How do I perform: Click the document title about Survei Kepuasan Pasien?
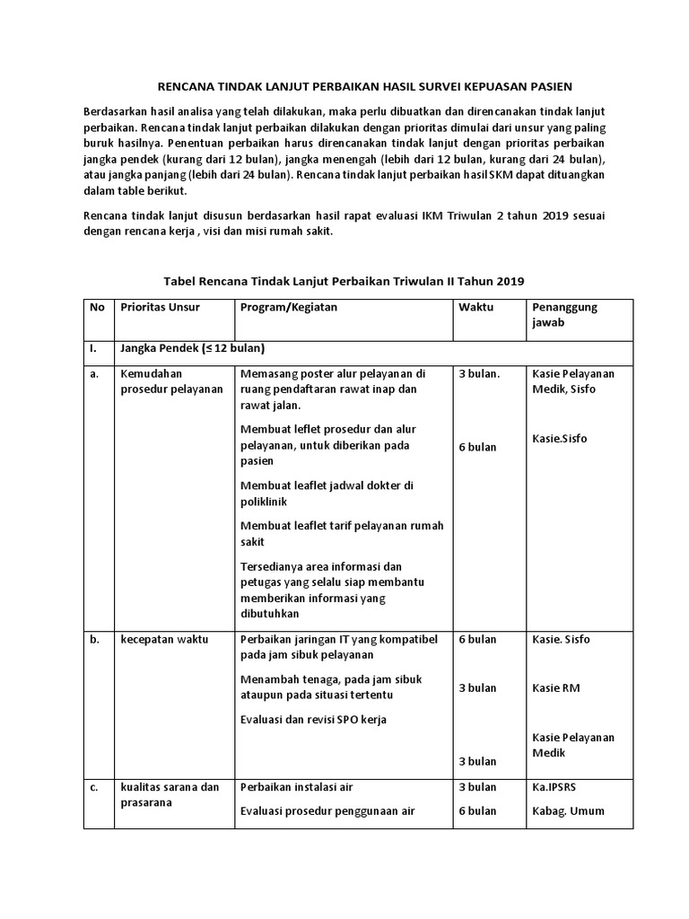point(364,86)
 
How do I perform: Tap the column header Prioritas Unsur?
point(161,307)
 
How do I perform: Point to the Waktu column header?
point(476,307)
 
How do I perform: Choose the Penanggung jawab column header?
point(564,314)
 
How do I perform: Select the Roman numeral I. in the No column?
point(92,348)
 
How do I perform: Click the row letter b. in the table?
point(94,639)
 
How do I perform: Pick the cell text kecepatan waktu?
point(164,639)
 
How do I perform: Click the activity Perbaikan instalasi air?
point(297,787)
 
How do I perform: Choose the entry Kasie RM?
point(556,687)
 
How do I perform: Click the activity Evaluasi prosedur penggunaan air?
point(327,810)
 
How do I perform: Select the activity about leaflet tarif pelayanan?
point(342,533)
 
